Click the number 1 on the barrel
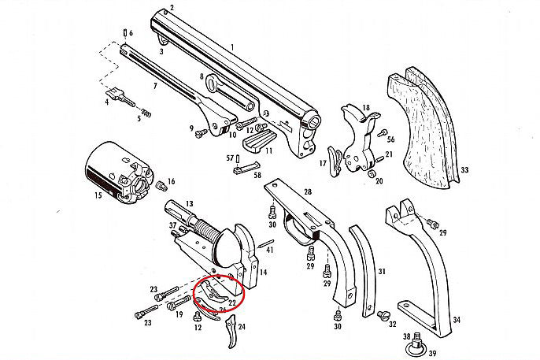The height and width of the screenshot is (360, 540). click(x=232, y=48)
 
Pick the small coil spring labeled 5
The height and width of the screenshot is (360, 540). click(x=145, y=117)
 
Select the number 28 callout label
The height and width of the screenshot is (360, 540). click(x=307, y=193)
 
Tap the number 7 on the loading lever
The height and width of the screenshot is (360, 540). click(x=154, y=84)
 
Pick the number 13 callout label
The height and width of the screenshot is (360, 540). click(x=189, y=203)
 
